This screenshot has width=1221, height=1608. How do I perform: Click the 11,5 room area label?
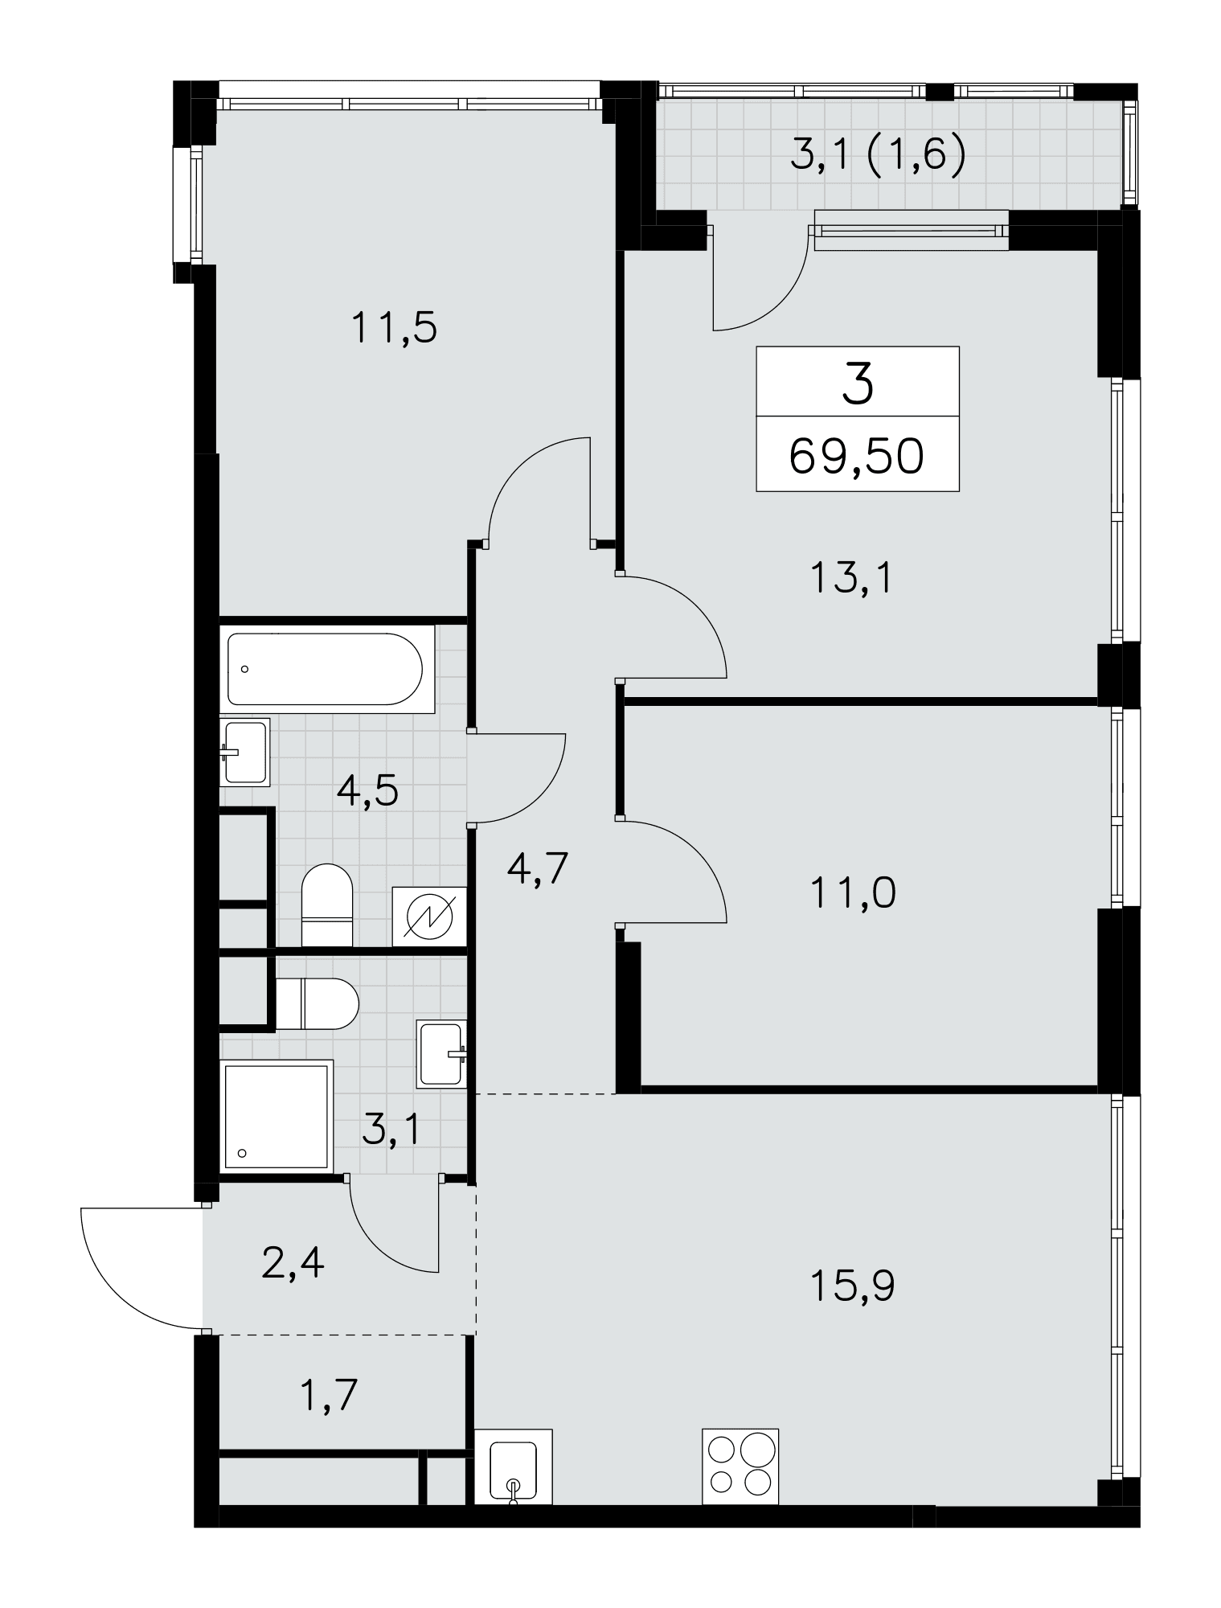coord(394,329)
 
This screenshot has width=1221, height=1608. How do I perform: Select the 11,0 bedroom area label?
coord(853,893)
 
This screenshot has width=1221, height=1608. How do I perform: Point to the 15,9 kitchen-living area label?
coord(853,1286)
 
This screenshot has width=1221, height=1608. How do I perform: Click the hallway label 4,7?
coord(538,868)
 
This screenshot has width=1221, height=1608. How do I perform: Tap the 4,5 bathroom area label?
coord(368,792)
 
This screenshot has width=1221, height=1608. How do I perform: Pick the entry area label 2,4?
coord(293,1263)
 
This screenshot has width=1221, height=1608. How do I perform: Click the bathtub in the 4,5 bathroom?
coord(325,669)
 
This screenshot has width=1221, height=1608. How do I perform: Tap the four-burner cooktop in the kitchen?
coord(740,1466)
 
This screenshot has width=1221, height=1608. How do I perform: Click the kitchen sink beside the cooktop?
coord(514,1466)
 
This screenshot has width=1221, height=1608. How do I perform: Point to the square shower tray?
coord(277,1117)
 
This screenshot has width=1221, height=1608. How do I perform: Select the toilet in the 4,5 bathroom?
coord(327,904)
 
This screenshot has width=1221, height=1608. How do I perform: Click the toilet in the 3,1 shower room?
coord(317,1003)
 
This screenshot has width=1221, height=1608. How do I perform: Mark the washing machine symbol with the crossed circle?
coord(429,916)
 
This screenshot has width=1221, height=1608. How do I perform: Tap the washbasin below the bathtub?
coord(244,752)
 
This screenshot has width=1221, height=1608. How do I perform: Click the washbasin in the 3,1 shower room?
coord(442,1054)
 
